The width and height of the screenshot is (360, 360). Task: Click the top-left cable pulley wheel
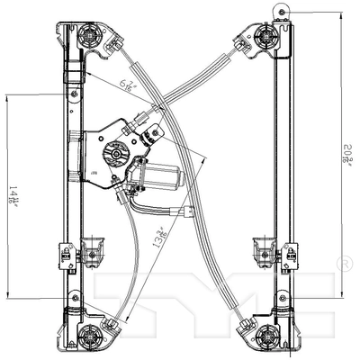[x=91, y=38]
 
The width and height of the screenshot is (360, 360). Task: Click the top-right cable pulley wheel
[x=266, y=37]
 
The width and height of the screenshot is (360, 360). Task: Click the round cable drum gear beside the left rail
[x=115, y=153]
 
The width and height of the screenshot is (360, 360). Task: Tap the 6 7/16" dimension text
[x=129, y=88]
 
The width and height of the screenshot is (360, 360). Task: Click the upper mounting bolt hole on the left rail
[x=72, y=93]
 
